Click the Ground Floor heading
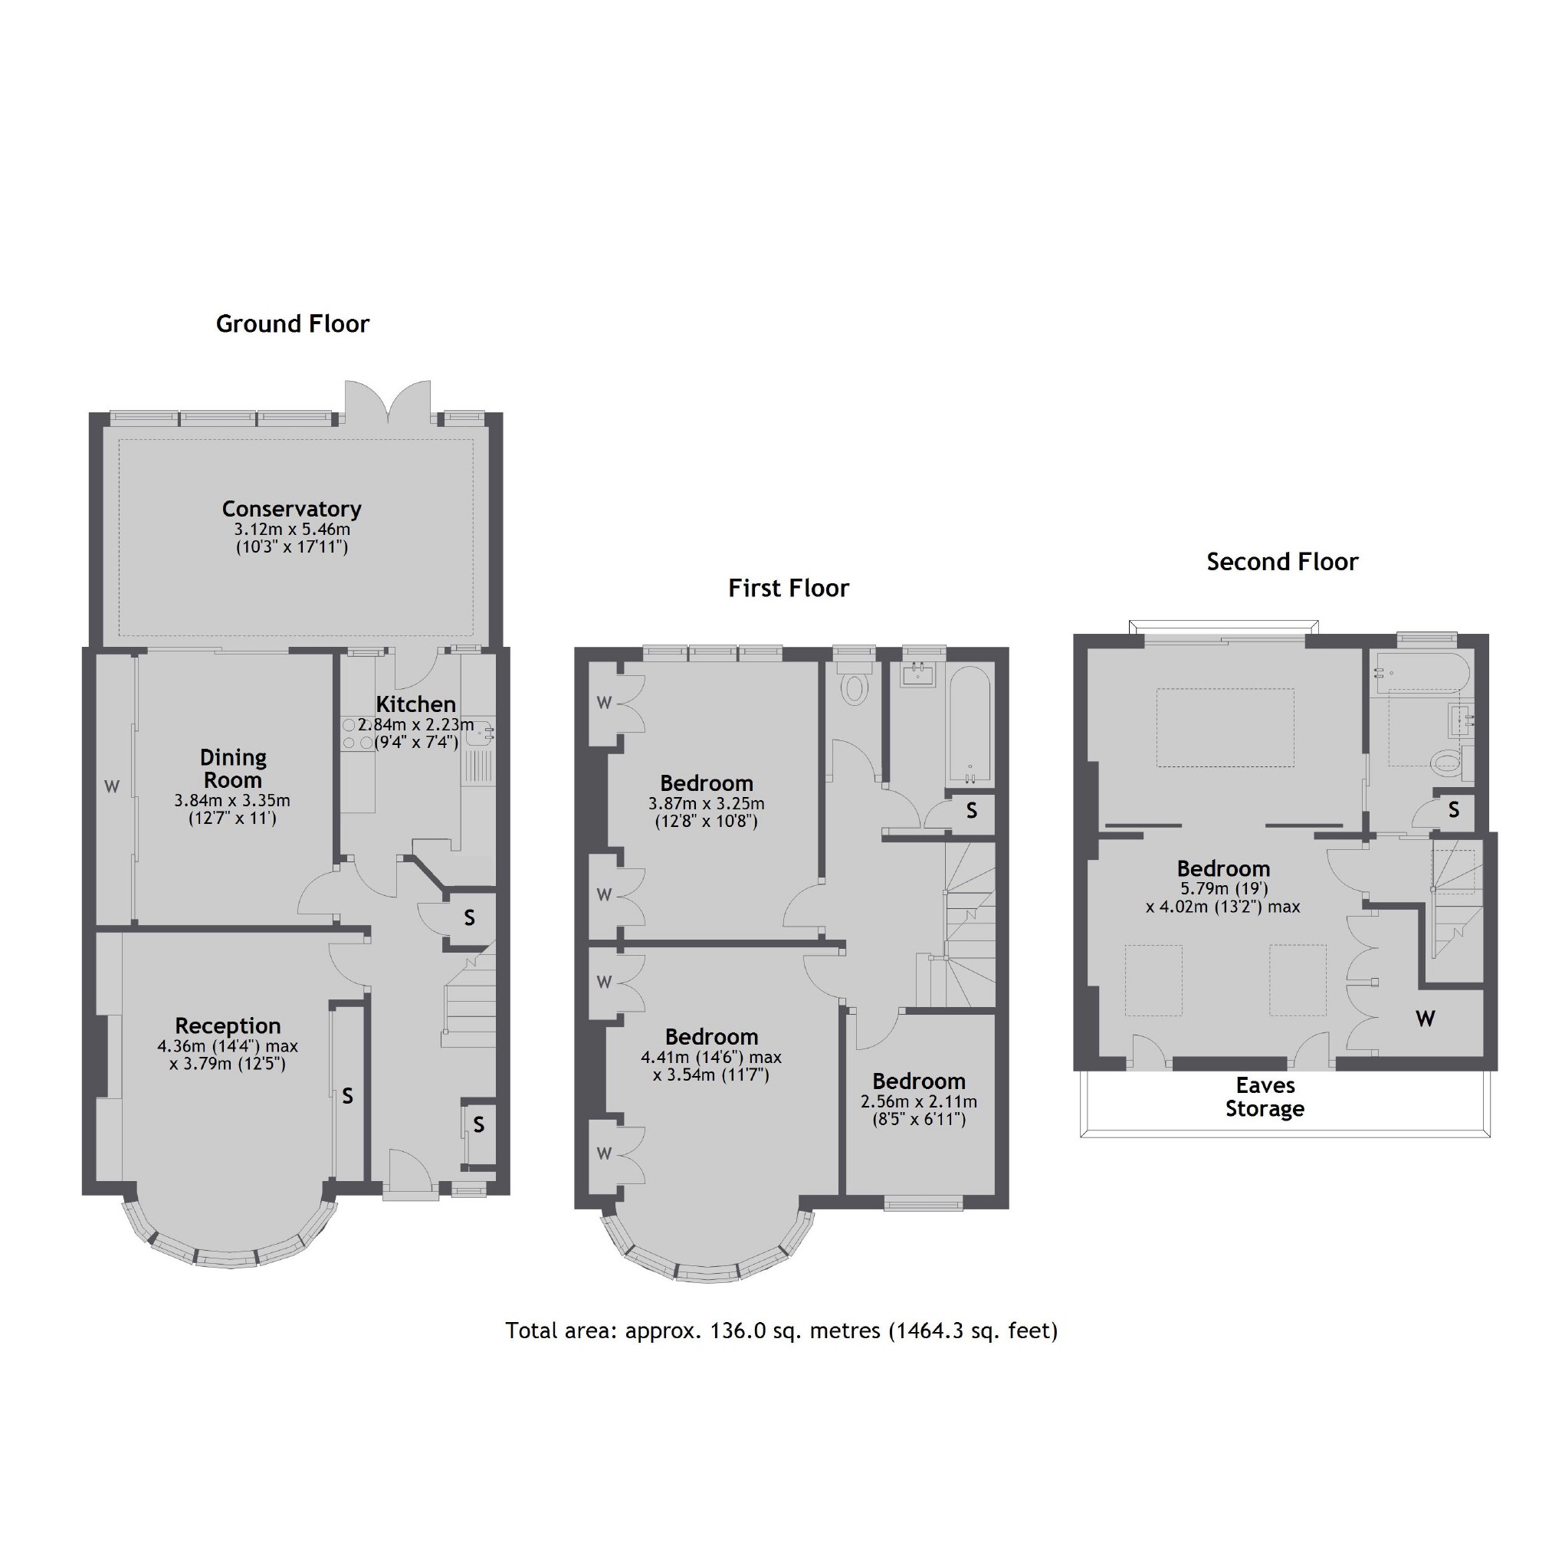pyautogui.click(x=293, y=323)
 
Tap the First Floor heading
pyautogui.click(x=788, y=588)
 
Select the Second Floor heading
pyautogui.click(x=1282, y=562)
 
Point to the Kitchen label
pyautogui.click(x=415, y=704)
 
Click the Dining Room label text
pyautogui.click(x=233, y=769)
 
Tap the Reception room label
pyautogui.click(x=228, y=1025)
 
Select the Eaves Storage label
pyautogui.click(x=1265, y=1098)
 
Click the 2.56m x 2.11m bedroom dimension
pyautogui.click(x=919, y=1101)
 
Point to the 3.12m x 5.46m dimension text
pyautogui.click(x=291, y=530)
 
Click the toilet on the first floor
pyautogui.click(x=855, y=687)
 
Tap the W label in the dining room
pyautogui.click(x=112, y=786)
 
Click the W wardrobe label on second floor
pyautogui.click(x=1425, y=1019)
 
